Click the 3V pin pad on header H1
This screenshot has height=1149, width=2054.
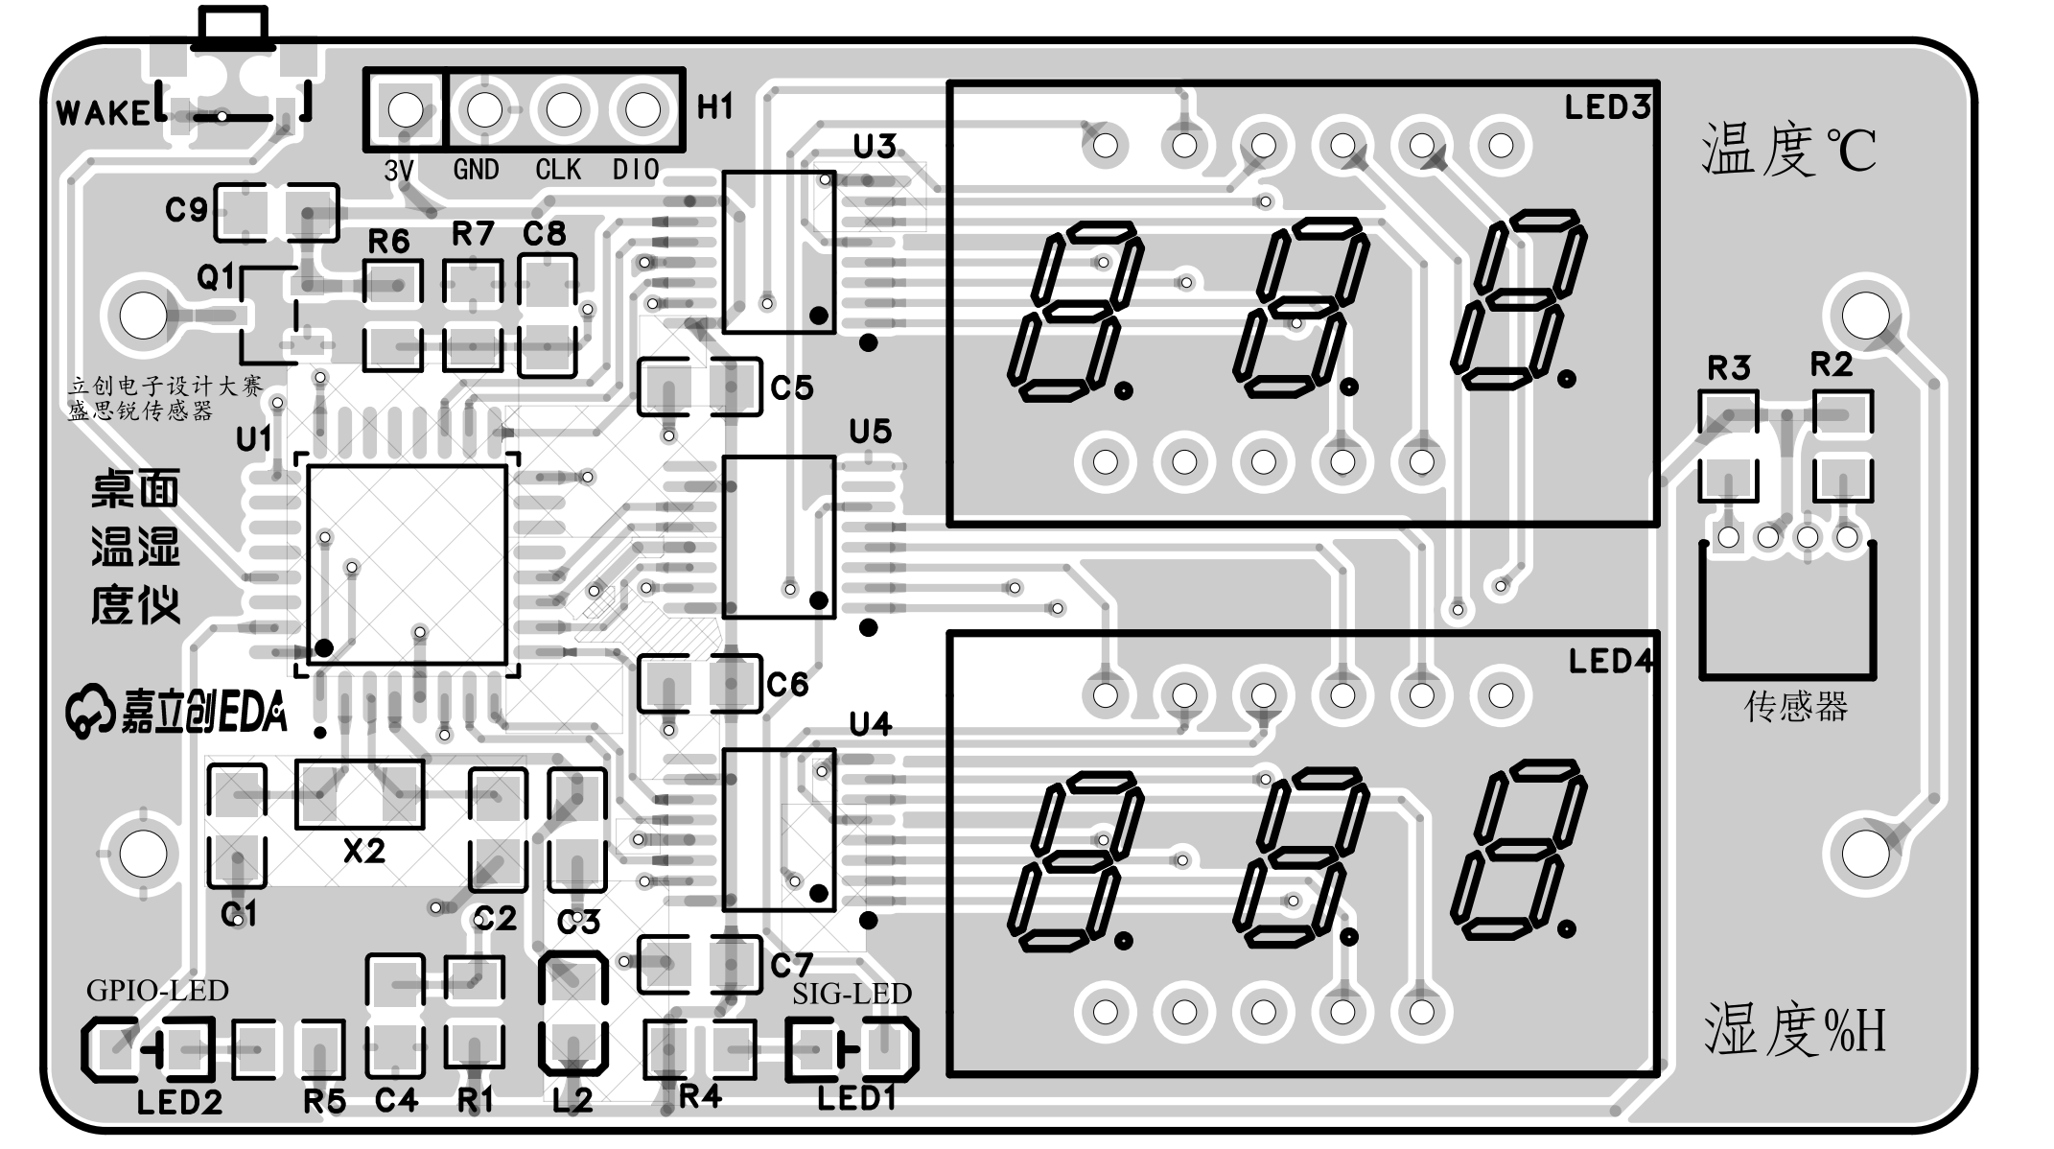pos(406,109)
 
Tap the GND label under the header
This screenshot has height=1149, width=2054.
pos(476,170)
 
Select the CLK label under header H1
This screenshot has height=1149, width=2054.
pos(558,170)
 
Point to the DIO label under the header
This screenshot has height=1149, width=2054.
pos(636,170)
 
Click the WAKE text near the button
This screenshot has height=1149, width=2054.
pos(104,113)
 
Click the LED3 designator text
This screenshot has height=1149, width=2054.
pos(1607,107)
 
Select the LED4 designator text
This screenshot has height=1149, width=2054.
pos(1611,661)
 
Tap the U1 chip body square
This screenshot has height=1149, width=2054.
pos(408,565)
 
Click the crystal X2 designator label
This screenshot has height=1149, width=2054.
pos(364,851)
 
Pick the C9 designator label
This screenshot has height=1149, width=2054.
pos(186,210)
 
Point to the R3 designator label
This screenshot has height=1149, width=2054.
pos(1729,367)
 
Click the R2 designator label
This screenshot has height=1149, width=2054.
pos(1832,364)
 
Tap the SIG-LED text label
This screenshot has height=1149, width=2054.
pos(852,994)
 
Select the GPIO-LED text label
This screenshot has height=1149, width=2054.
pos(157,991)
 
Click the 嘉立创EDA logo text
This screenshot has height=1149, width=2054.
pos(176,711)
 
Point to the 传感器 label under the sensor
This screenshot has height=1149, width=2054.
pos(1795,707)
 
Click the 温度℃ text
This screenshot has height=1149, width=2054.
pos(1788,151)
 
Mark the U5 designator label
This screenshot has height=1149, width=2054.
pos(871,433)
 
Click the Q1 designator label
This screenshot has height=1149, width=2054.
pos(216,277)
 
